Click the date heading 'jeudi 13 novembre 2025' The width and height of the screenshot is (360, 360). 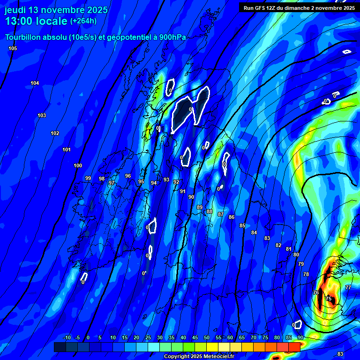click(56, 10)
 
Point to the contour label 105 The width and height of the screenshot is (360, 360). click(13, 49)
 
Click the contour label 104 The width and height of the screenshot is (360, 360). click(35, 83)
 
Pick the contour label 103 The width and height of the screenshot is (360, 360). click(42, 116)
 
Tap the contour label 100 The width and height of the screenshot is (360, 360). click(78, 166)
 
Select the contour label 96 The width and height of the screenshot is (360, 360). click(128, 176)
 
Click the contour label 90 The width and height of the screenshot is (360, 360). click(191, 197)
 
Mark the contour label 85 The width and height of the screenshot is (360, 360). click(242, 226)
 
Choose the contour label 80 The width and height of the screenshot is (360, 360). click(296, 255)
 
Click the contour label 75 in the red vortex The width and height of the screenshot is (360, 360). click(329, 299)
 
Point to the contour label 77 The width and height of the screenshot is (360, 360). click(348, 287)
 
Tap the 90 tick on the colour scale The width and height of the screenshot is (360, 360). click(300, 338)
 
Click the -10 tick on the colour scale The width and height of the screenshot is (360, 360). click(67, 338)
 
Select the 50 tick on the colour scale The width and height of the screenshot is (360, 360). click(207, 338)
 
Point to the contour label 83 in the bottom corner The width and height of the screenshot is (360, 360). click(340, 354)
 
